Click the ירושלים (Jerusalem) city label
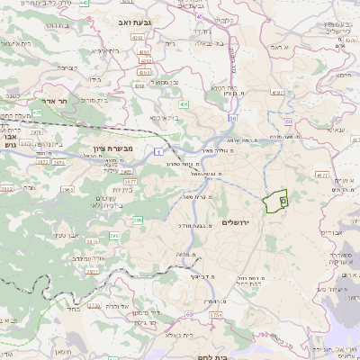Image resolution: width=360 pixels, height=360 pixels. (257, 221)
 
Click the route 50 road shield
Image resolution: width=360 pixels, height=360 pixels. (232, 117)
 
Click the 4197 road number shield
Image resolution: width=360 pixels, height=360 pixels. (276, 92)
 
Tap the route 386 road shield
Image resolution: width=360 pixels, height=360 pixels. (138, 219)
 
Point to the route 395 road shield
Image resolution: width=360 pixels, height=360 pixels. (115, 235)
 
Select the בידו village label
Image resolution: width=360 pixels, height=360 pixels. (94, 78)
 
